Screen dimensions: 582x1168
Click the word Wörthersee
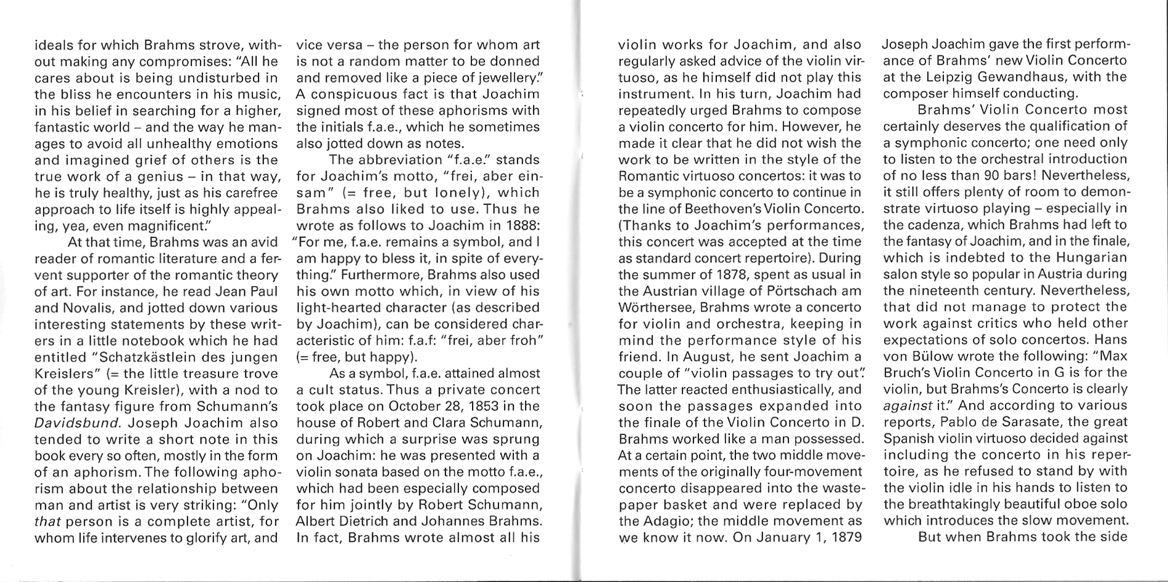pos(656,307)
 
